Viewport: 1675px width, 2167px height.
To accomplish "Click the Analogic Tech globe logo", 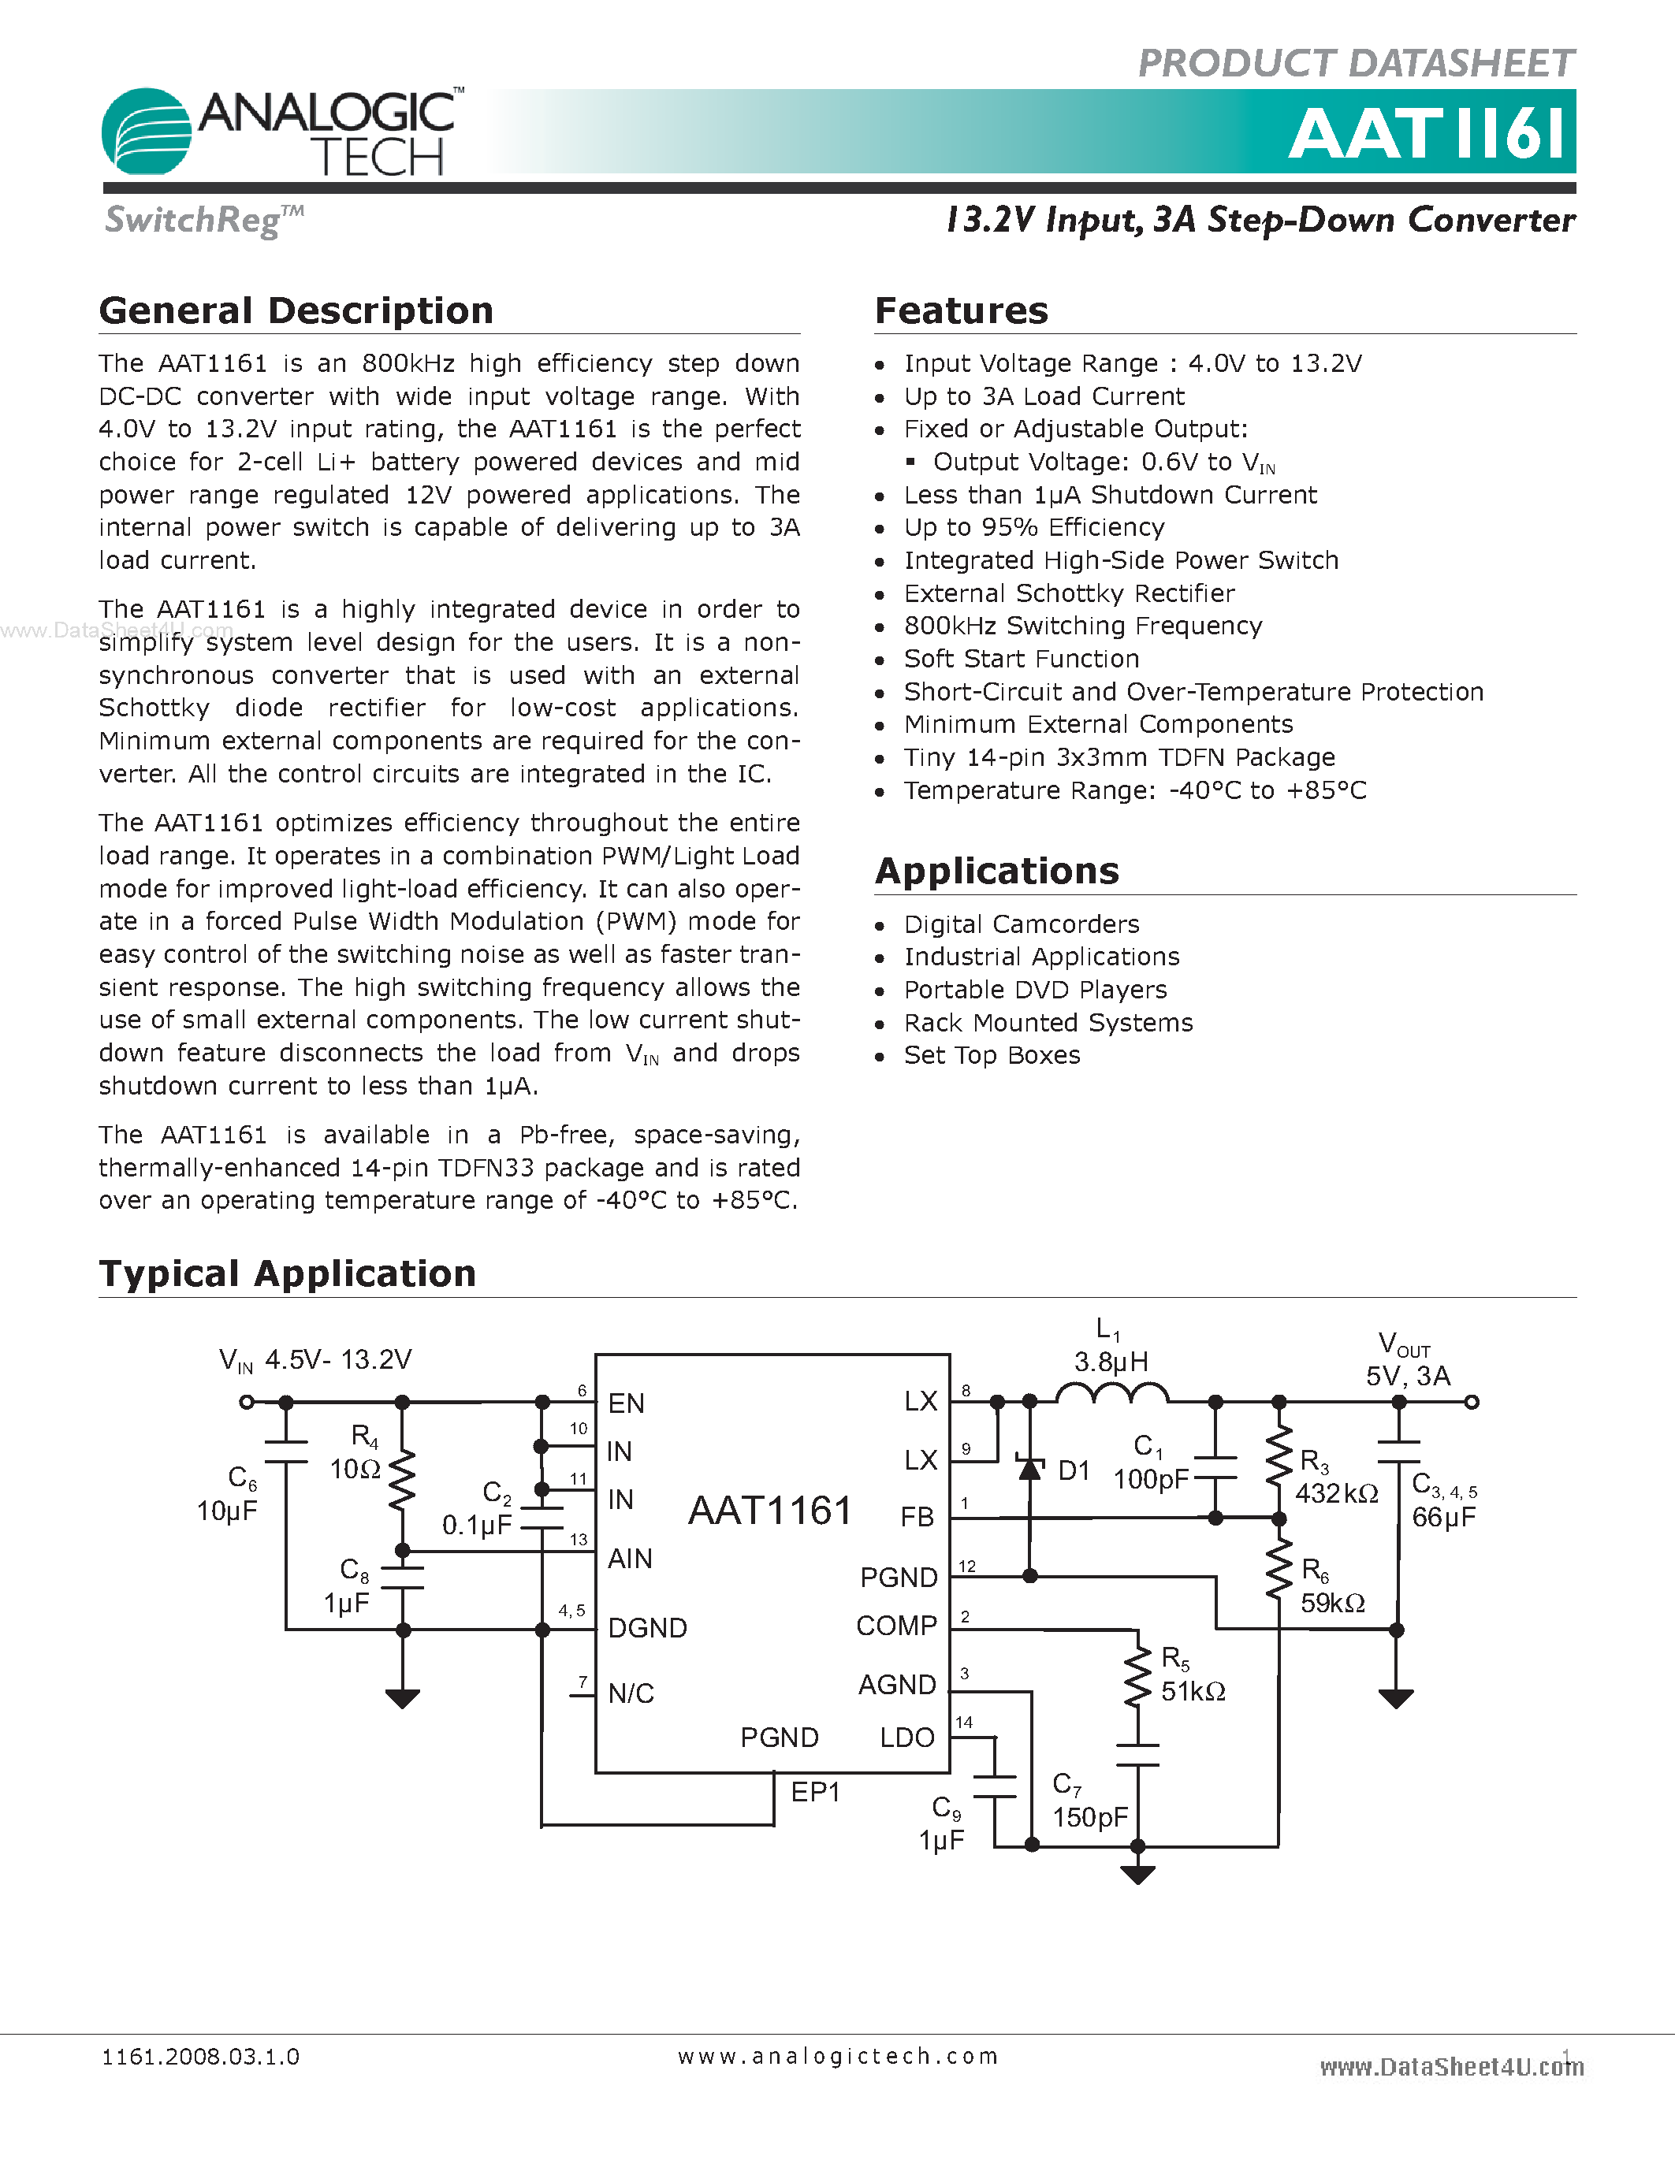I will pos(147,131).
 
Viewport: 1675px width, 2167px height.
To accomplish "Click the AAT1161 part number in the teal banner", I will pos(1430,134).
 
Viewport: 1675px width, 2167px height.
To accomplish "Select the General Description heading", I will pos(296,310).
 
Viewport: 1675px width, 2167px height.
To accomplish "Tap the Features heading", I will pos(961,310).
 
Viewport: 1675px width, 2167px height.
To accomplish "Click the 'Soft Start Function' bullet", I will pos(1021,659).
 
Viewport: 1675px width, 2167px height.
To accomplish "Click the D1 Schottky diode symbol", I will pos(1030,1467).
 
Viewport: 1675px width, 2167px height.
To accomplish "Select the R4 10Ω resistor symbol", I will pos(402,1477).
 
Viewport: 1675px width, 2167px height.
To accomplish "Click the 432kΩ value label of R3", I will pos(1337,1493).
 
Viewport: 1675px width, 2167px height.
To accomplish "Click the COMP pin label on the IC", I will pos(896,1625).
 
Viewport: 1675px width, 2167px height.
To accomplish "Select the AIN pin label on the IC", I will pos(630,1559).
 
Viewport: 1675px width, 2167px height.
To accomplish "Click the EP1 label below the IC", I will pos(815,1791).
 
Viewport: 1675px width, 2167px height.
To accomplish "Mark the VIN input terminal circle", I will pos(247,1402).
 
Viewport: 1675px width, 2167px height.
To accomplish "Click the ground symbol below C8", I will pos(402,1697).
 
